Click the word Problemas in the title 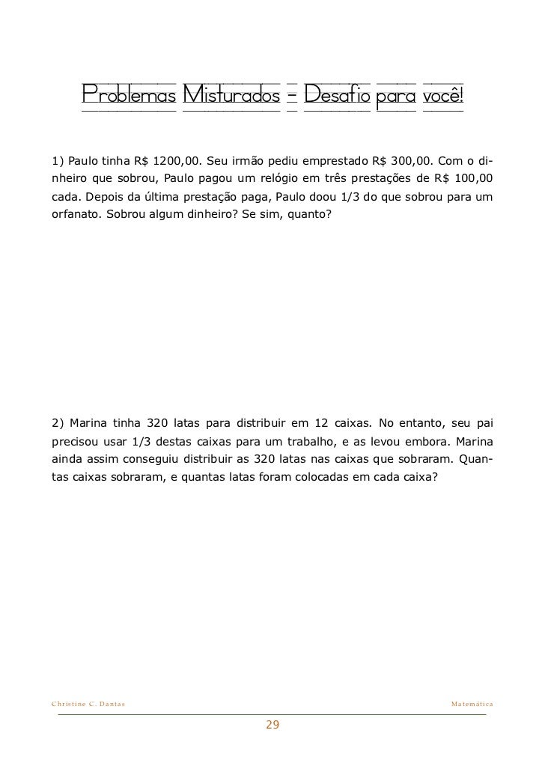pyautogui.click(x=129, y=95)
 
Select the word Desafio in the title pyautogui.click(x=336, y=95)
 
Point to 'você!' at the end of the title pyautogui.click(x=443, y=95)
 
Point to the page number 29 pyautogui.click(x=272, y=725)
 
